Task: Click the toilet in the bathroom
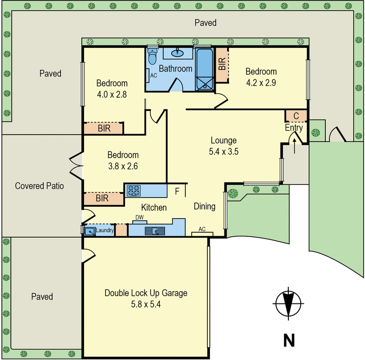tap(152, 57)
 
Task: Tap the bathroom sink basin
tap(177, 53)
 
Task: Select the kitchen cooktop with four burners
tap(134, 191)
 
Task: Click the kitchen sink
tap(155, 231)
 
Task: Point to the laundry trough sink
tap(89, 231)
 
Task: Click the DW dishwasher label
tap(140, 217)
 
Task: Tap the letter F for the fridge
tap(177, 192)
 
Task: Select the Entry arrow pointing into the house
tap(294, 146)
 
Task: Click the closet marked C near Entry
tap(296, 116)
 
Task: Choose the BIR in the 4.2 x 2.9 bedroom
tap(222, 64)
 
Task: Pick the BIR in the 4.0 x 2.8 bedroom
tap(104, 128)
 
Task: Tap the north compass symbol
tap(288, 303)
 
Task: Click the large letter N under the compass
tap(289, 340)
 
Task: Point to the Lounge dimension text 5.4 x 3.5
tap(224, 151)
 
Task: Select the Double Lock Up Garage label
tap(146, 293)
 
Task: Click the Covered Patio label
tap(39, 186)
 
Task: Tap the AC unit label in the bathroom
tap(154, 75)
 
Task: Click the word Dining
tap(204, 206)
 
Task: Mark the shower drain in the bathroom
tap(205, 87)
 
